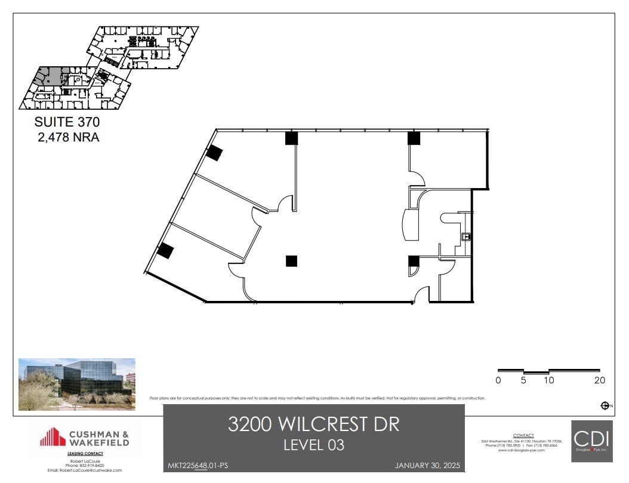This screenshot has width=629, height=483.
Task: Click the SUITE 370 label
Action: coord(66,122)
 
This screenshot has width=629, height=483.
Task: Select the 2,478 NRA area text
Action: coord(66,137)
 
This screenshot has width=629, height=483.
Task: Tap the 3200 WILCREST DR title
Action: coord(313,424)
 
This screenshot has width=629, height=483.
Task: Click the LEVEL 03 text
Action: coord(313,445)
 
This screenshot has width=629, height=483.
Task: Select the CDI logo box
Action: coord(591,441)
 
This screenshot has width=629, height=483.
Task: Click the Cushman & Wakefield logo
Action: coord(84,437)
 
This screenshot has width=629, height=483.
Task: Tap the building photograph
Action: coord(77,384)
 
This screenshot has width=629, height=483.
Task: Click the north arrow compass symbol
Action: coord(605,406)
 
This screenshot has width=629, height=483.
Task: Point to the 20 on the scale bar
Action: coord(599,380)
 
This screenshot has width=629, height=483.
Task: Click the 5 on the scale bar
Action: coord(523,380)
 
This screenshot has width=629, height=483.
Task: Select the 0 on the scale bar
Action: coord(498,380)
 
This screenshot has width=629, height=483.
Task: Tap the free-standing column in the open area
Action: coord(291,261)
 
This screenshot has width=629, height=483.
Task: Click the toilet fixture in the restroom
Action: coord(467,237)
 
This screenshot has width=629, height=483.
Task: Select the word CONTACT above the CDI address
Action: coord(523,436)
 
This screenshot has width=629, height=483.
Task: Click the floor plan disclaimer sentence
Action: coord(317,398)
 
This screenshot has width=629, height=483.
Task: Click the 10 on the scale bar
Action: coord(548,380)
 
